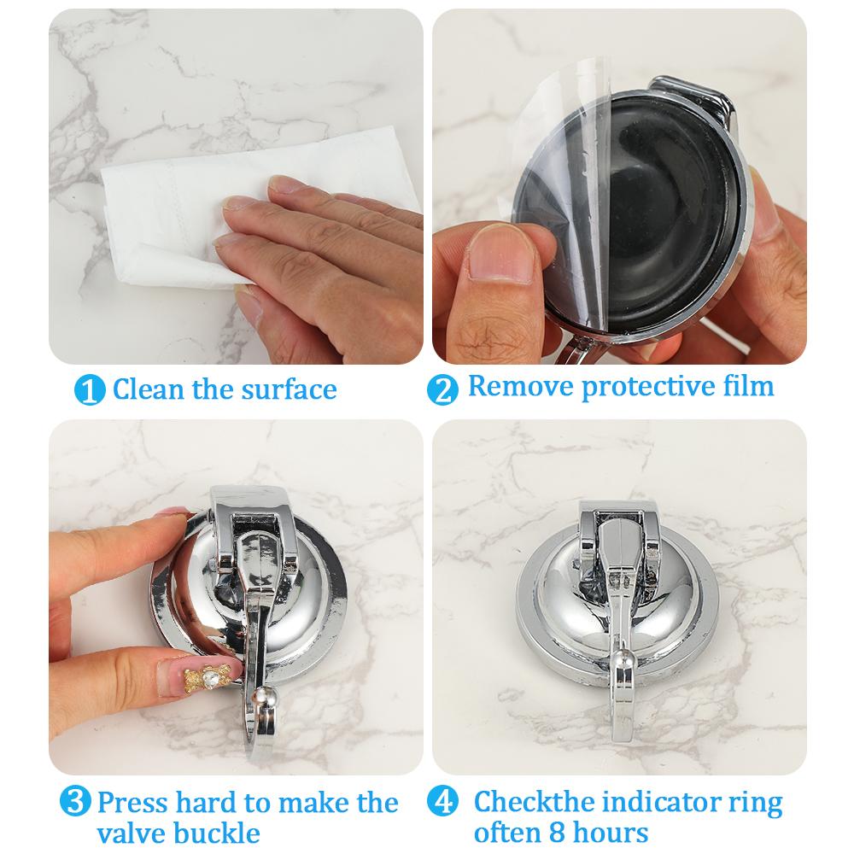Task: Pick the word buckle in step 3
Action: (217, 833)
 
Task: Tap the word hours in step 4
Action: (607, 832)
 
